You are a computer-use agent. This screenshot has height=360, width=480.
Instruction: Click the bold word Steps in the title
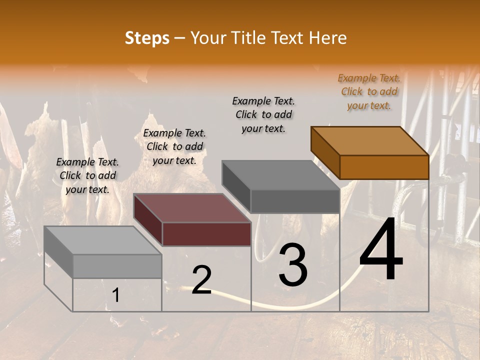pos(147,38)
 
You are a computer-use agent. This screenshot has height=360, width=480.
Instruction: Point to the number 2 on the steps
pos(201,280)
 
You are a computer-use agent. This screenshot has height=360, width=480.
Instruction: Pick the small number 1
pos(116,295)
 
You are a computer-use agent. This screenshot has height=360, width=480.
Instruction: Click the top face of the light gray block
pos(103,240)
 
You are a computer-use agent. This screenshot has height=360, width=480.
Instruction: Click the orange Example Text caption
pos(369,91)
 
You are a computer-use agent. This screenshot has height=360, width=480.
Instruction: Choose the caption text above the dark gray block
pos(263,114)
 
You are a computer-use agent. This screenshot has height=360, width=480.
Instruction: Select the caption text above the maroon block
pos(174,146)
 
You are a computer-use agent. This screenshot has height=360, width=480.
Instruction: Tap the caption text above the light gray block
pos(87,175)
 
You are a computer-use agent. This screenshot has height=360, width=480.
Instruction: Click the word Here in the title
pos(328,38)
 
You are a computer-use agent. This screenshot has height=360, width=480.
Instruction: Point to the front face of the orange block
pos(384,167)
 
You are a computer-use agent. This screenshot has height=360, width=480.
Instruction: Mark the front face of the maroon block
pos(206,234)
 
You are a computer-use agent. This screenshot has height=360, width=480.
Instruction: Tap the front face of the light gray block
pos(117,266)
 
